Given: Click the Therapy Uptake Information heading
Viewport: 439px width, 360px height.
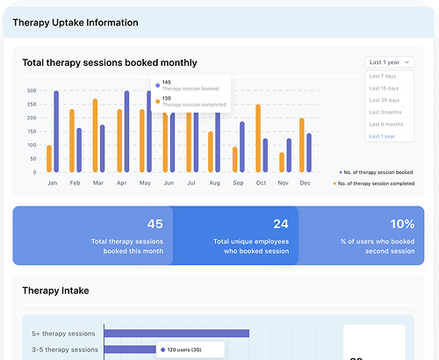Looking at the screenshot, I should tap(75, 23).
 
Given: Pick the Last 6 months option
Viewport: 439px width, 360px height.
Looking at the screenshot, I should tap(386, 124).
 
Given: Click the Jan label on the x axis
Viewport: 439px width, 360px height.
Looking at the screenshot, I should tap(52, 183).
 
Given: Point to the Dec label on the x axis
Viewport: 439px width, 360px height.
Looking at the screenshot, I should tap(305, 183).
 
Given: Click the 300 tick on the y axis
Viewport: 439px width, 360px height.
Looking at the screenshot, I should tap(31, 90).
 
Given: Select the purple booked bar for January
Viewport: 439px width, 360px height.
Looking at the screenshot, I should tap(56, 132).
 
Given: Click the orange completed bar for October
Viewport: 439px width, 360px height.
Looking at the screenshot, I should tap(258, 139).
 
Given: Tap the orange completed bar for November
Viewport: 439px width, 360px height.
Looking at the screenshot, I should tap(281, 162).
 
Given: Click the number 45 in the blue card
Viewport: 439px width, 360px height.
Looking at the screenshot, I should tap(155, 224).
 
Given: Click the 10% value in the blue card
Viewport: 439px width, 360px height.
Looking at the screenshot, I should tap(402, 224).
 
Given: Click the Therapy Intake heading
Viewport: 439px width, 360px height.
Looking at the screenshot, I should tap(55, 291).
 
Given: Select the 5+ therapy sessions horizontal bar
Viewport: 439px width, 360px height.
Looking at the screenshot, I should tap(176, 333).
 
